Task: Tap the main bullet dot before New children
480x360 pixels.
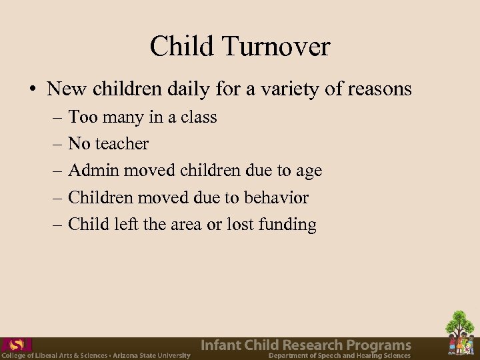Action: pos(31,89)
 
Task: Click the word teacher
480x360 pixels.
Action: pos(123,144)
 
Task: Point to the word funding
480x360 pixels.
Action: pos(286,225)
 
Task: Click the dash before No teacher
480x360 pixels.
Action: pos(55,144)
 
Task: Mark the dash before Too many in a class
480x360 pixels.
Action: pos(55,117)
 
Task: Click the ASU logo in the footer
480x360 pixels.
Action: pos(16,345)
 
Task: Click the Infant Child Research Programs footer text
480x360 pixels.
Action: pos(306,345)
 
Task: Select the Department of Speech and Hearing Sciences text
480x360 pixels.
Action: pos(339,355)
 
